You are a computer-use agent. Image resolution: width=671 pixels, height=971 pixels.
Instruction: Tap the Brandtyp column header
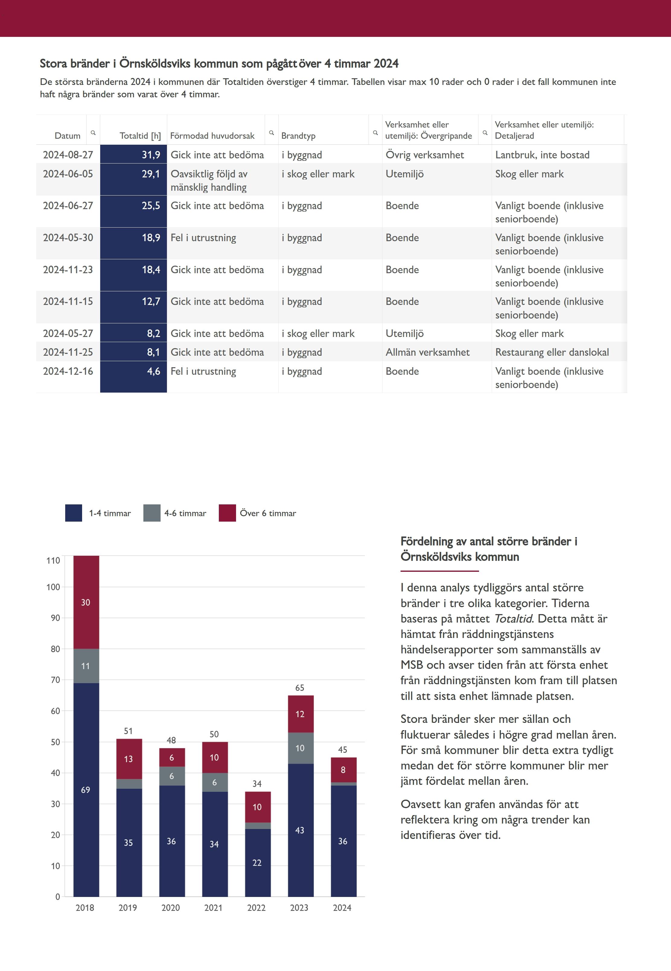coord(298,135)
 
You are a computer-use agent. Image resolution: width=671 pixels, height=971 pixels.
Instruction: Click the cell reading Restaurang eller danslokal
coord(551,352)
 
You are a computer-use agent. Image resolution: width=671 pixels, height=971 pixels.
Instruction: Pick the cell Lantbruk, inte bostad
coord(542,155)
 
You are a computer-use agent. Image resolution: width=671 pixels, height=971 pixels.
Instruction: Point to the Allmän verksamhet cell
coord(427,352)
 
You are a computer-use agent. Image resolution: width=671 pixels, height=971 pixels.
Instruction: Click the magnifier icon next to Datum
coord(93,133)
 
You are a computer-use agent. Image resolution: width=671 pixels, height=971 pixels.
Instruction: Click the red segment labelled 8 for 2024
coord(343,770)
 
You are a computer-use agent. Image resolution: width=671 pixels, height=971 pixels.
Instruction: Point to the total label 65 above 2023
coord(299,688)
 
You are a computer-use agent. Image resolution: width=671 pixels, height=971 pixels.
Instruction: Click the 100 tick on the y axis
coord(53,587)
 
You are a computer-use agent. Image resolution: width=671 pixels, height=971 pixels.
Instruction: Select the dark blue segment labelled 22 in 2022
coord(257,863)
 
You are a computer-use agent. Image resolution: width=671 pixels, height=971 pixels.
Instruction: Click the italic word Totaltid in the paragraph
coord(513,619)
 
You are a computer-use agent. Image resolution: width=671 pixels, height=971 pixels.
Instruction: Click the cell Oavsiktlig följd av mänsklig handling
coord(209,180)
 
